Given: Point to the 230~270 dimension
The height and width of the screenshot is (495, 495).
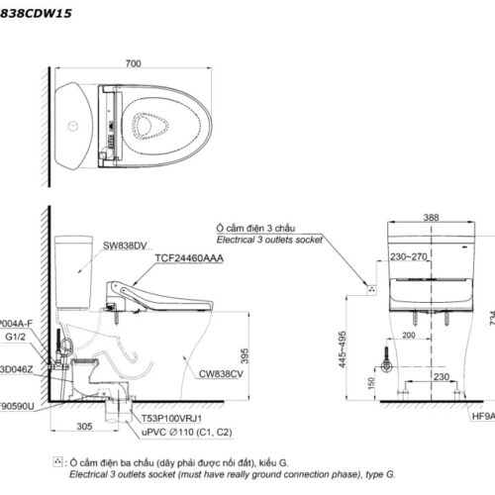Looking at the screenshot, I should (408, 256).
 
